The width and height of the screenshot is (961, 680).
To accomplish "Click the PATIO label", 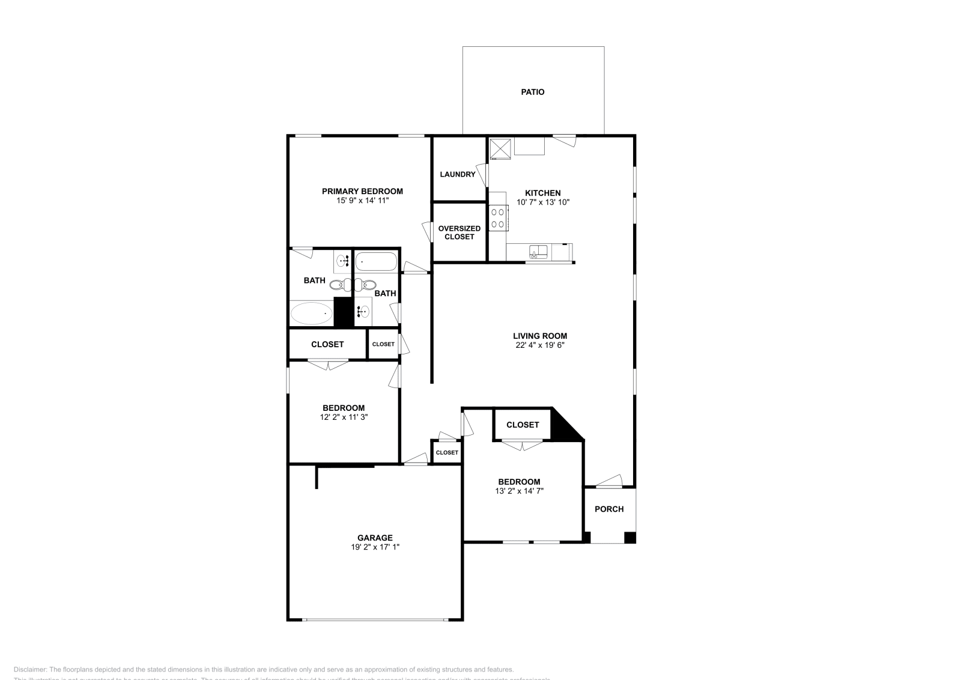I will point(532,92).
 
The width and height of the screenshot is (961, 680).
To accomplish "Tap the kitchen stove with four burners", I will point(497,218).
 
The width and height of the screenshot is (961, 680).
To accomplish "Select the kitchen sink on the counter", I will point(538,252).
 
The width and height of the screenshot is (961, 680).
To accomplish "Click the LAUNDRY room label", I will point(457,174).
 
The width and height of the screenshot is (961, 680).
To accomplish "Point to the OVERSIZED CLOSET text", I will point(459,232).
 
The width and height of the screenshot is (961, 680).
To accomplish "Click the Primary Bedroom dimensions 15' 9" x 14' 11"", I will point(362,201).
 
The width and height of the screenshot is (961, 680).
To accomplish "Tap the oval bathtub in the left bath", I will point(311,313).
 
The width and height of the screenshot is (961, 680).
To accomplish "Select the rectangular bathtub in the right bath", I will point(375,262).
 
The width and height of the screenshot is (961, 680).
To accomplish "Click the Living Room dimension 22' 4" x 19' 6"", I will point(539,345).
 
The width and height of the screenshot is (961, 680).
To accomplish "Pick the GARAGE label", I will point(375,538).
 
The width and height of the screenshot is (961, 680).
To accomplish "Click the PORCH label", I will point(608,509).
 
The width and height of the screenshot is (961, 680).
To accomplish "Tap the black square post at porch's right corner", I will point(629,538).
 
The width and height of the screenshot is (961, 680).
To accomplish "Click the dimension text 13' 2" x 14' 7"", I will point(519,491).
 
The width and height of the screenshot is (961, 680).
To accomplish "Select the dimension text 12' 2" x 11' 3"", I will point(343,417).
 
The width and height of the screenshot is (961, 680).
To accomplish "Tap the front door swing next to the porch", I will point(608,481).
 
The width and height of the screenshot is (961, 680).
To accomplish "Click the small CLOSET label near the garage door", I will point(446,452).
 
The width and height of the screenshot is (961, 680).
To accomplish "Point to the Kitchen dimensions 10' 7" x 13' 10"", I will point(542,202).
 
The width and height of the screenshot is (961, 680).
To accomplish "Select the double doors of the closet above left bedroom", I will point(328,364).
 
